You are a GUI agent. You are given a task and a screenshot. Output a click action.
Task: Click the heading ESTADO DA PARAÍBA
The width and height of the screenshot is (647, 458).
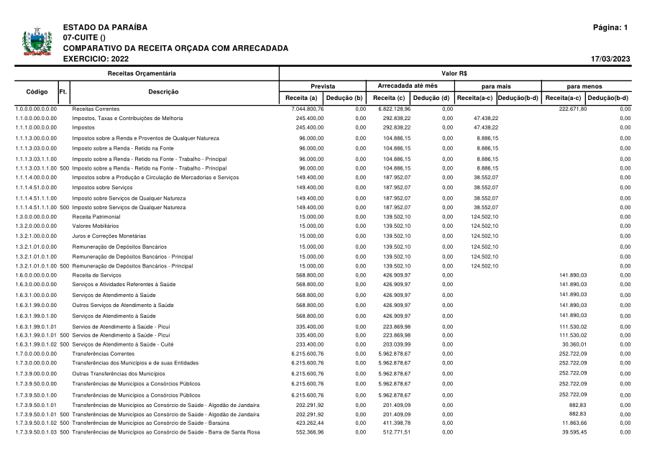coord(105,27)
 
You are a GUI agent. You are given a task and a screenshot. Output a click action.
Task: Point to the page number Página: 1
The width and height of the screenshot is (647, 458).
coord(610,27)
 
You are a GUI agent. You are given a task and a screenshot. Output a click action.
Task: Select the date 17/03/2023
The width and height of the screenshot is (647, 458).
coord(610,59)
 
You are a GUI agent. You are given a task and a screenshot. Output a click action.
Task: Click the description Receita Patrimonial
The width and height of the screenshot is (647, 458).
coord(96,216)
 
